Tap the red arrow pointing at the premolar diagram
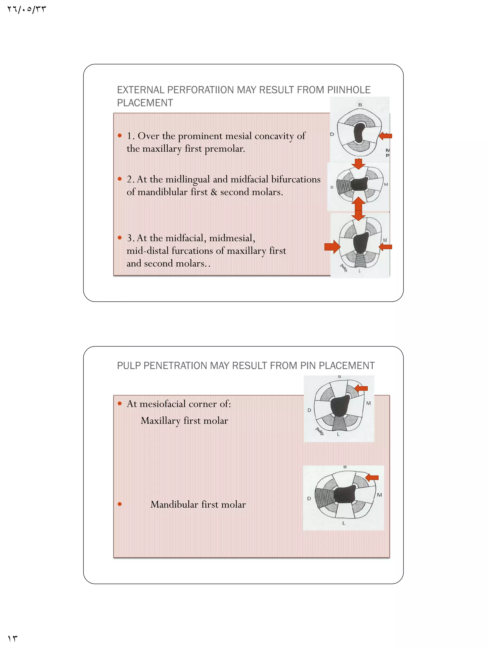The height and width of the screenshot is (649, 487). tap(385, 136)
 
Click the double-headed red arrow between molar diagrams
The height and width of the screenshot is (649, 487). tap(358, 209)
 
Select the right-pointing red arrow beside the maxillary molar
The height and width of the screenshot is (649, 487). tap(332, 247)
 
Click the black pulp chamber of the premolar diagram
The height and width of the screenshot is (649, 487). tap(359, 133)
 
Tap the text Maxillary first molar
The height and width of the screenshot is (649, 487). tap(184, 421)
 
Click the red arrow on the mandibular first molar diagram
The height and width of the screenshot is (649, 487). tap(372, 478)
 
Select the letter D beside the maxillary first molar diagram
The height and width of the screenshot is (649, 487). tap(309, 410)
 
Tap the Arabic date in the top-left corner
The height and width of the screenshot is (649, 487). tap(26, 10)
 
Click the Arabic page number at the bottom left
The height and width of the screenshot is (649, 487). tap(12, 639)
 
